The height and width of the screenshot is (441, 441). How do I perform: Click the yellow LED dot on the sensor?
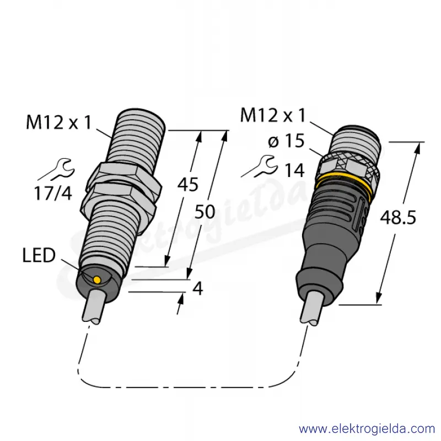point(97,279)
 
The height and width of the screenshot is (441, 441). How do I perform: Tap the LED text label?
point(39,256)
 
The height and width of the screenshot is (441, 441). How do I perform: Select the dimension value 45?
point(188,185)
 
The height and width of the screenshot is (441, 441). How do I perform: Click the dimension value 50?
point(205,212)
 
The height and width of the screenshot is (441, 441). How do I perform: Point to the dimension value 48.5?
point(397,217)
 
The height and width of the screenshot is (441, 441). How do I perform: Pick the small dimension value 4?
point(198,288)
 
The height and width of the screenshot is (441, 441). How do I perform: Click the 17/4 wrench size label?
point(53,193)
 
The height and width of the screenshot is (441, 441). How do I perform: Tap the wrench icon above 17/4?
point(57,169)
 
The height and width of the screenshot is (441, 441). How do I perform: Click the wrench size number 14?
point(295,170)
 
